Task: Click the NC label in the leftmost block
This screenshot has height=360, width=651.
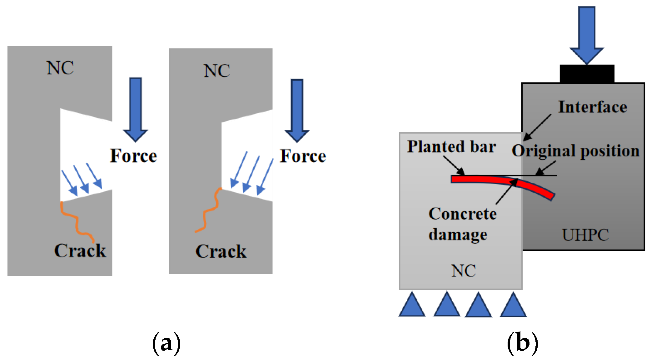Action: [x=60, y=68]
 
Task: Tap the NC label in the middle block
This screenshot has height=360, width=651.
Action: [x=217, y=71]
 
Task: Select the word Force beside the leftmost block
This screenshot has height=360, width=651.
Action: [x=133, y=156]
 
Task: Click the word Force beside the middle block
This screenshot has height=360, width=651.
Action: [x=303, y=156]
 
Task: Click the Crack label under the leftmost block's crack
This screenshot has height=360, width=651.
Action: [x=80, y=250]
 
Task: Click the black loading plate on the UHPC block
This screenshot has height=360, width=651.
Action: [x=587, y=74]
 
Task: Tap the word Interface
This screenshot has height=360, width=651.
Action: [x=593, y=107]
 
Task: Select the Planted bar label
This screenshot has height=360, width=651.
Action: [x=451, y=146]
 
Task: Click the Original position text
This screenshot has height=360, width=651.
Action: [x=575, y=151]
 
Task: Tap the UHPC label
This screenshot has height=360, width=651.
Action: [x=585, y=235]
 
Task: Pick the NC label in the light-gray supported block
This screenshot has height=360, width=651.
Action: [x=464, y=271]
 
